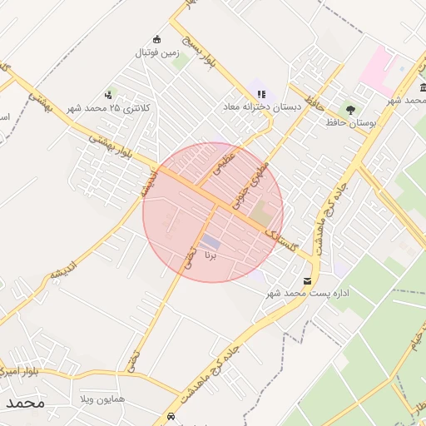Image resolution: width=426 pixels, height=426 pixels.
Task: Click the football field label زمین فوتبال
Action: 158,52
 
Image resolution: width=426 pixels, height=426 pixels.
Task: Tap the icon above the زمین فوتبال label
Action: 156,39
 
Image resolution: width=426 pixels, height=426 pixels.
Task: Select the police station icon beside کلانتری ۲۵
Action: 109,96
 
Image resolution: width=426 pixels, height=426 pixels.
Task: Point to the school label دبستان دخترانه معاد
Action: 260,107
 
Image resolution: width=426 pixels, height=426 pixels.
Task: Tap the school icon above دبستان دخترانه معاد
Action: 262,94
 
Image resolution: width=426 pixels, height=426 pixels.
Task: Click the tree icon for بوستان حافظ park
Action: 349,110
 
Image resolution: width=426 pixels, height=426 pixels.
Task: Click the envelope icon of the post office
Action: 309,281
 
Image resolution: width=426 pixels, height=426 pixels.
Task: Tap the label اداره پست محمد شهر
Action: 307,295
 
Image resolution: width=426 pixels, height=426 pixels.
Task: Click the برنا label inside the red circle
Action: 210,257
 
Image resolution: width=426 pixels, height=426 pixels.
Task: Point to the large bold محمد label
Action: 23,403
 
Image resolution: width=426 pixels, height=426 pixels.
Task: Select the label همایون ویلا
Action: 103,400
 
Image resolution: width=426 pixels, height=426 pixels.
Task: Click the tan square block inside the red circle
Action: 261,212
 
